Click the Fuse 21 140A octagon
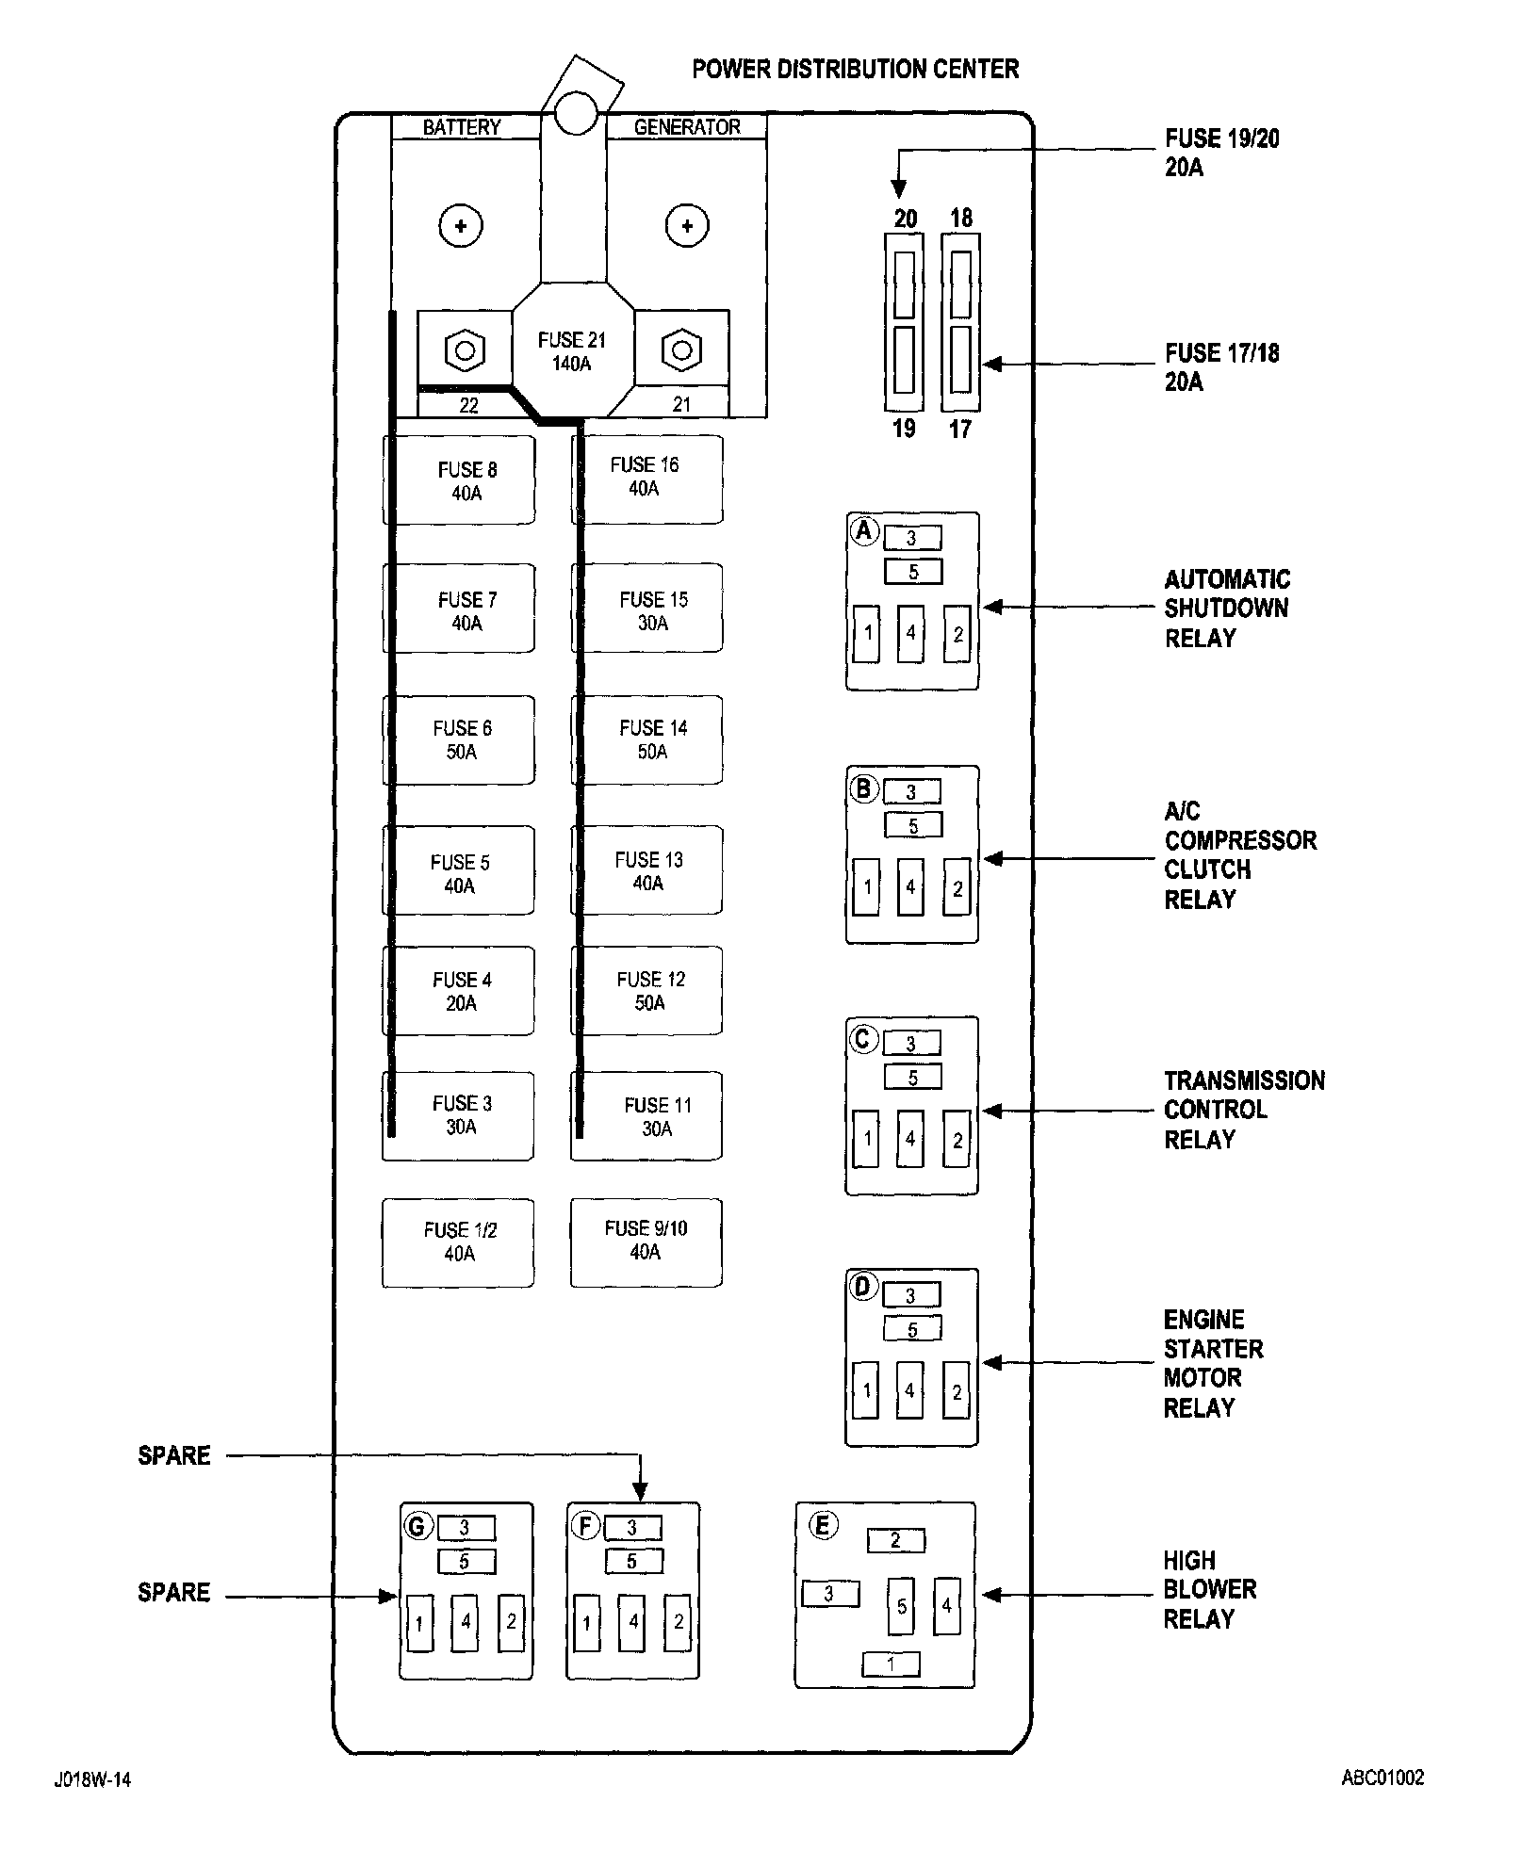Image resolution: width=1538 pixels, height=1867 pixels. (x=572, y=351)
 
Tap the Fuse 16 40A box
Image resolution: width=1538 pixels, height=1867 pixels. (x=647, y=479)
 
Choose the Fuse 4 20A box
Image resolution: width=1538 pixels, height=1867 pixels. (x=459, y=991)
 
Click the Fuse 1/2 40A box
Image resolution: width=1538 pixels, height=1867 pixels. (x=458, y=1242)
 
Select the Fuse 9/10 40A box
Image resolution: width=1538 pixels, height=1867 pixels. (x=646, y=1242)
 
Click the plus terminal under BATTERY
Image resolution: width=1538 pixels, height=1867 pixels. (x=461, y=226)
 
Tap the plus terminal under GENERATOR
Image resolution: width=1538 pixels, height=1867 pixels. (x=687, y=226)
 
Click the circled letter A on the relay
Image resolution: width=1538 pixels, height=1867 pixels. (x=864, y=530)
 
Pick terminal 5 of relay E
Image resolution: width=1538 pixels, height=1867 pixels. (x=901, y=1606)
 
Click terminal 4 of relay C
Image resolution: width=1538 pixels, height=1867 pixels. (x=910, y=1139)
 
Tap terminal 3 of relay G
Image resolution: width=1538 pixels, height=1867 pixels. (x=465, y=1528)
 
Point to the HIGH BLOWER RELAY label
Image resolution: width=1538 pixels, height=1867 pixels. (x=1209, y=1590)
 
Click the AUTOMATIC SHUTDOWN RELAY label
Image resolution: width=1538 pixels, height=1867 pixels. (x=1226, y=609)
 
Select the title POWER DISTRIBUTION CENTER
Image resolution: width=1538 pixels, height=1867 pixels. (x=855, y=70)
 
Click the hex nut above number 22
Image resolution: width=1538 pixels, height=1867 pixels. (x=464, y=351)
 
